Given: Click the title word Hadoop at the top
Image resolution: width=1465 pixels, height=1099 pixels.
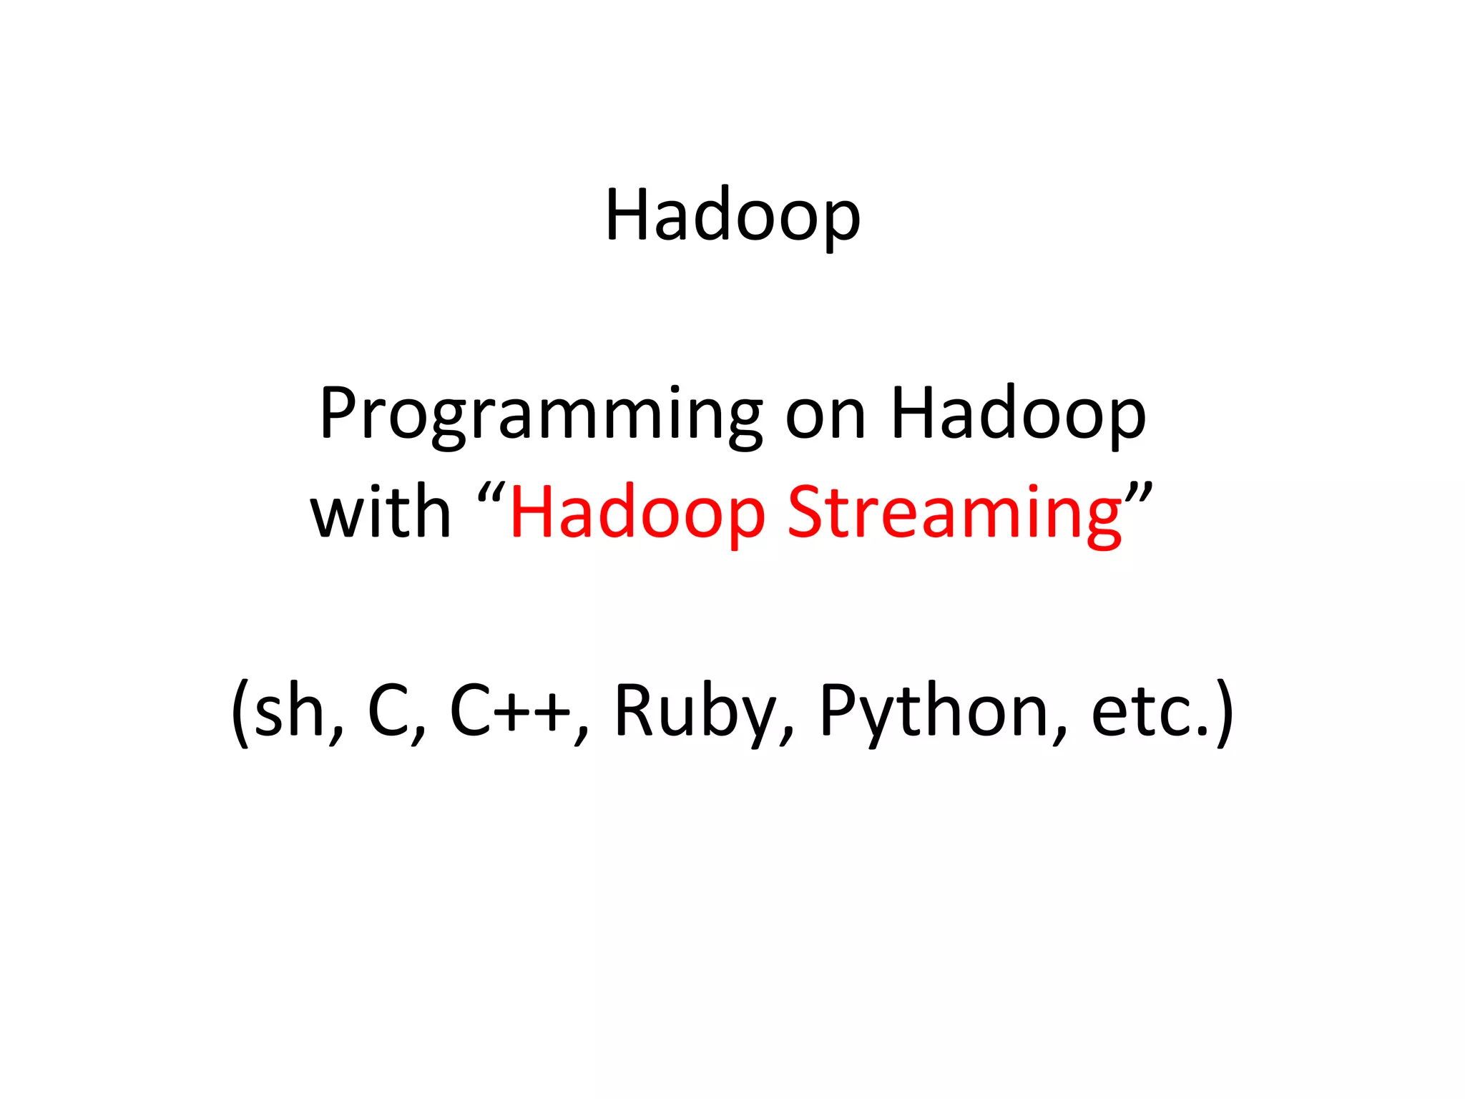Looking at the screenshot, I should (732, 215).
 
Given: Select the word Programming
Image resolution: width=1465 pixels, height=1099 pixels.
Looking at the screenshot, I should (541, 415).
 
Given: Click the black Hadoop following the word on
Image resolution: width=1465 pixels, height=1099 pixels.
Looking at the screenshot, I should (1018, 415).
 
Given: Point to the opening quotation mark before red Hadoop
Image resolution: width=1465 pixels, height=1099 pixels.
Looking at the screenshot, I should (491, 494).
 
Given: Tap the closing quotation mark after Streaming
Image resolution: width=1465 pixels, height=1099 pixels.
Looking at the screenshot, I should (1139, 494).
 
